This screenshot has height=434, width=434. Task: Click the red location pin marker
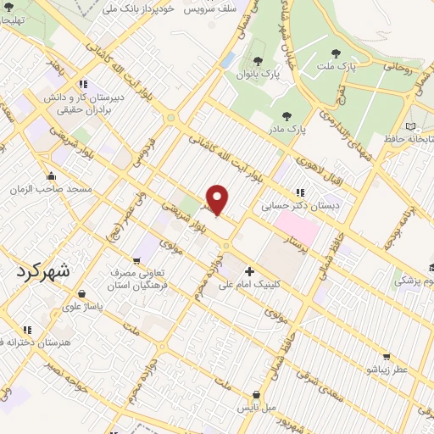tap(218, 199)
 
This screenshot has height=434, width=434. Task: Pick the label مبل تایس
tap(256, 408)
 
